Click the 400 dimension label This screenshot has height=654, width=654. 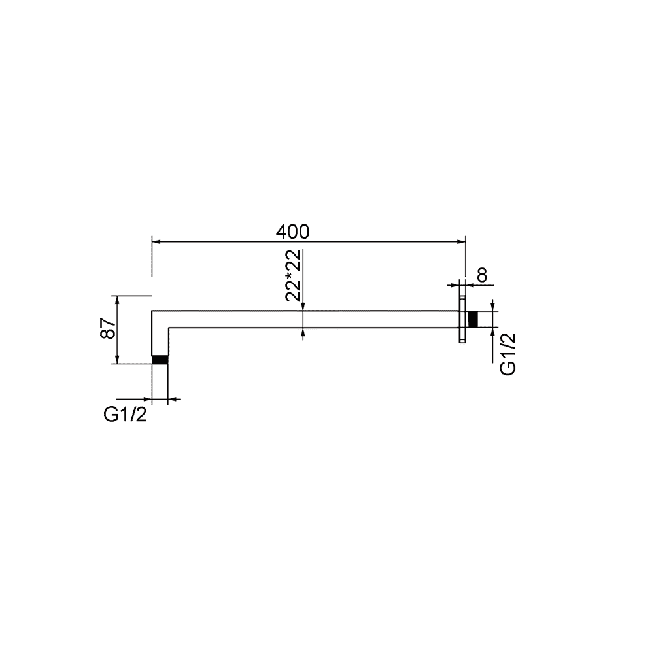(x=292, y=232)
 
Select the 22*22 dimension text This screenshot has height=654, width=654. (x=294, y=276)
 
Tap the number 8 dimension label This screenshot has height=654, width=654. (x=482, y=275)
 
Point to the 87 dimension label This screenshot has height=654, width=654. (x=109, y=328)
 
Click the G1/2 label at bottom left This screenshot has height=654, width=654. (x=125, y=415)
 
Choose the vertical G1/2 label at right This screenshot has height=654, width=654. (x=508, y=354)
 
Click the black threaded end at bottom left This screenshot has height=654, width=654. (x=160, y=360)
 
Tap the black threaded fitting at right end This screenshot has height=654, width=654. (x=473, y=320)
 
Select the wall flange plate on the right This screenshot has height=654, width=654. (x=462, y=320)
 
